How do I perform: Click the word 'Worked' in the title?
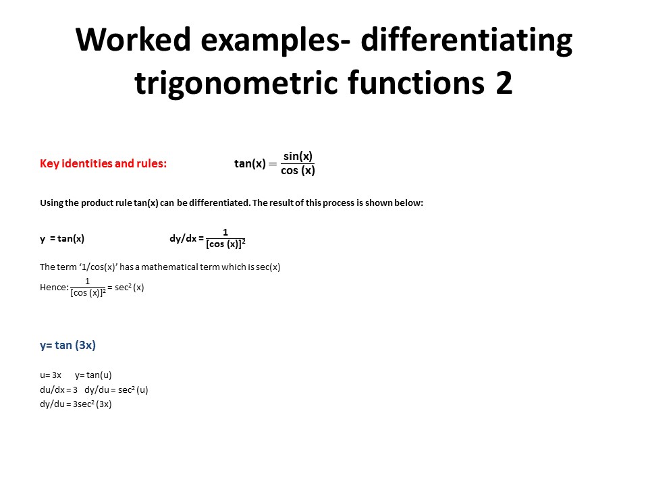[133, 39]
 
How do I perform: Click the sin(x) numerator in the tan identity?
[298, 156]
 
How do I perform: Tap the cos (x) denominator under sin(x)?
[298, 170]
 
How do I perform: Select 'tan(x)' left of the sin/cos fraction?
[250, 163]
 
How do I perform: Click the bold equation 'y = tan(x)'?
[62, 238]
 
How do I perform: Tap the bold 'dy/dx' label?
[183, 238]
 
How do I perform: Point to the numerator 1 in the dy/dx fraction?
[225, 232]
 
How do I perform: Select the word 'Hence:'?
[54, 288]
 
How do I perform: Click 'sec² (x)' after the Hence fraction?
[130, 288]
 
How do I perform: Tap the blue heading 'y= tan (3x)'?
[67, 345]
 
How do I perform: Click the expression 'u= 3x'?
[51, 375]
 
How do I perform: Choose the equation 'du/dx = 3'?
[59, 389]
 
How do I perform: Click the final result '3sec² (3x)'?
[92, 404]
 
